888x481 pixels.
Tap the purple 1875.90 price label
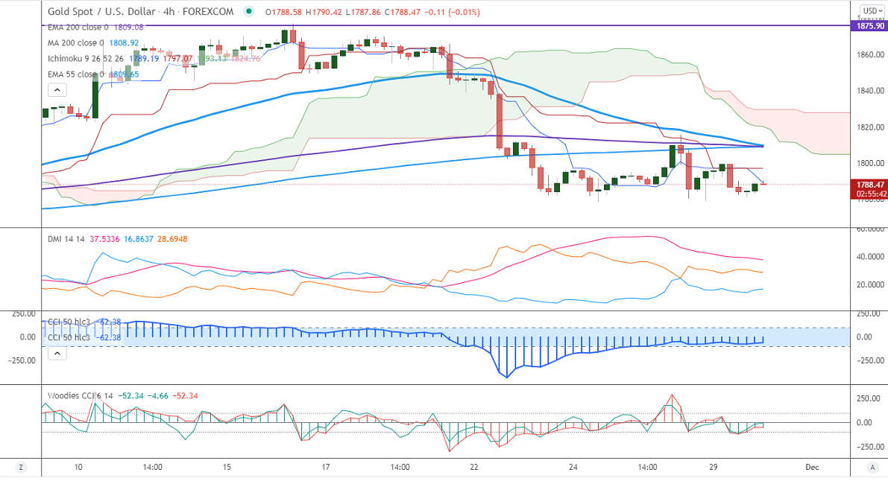click(869, 26)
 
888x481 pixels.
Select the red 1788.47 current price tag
click(869, 184)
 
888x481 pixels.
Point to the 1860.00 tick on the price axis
click(870, 55)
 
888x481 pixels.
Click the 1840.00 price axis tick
click(870, 91)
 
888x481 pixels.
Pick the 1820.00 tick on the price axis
click(870, 127)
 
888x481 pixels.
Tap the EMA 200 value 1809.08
click(127, 27)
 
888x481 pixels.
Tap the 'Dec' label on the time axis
click(812, 467)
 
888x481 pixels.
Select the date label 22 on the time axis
click(474, 467)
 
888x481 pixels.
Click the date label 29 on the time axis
click(713, 467)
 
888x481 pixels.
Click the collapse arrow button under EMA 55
click(57, 90)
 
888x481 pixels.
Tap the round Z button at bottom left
click(22, 467)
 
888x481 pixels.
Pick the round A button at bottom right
click(872, 467)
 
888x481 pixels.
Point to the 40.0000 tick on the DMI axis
click(870, 257)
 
